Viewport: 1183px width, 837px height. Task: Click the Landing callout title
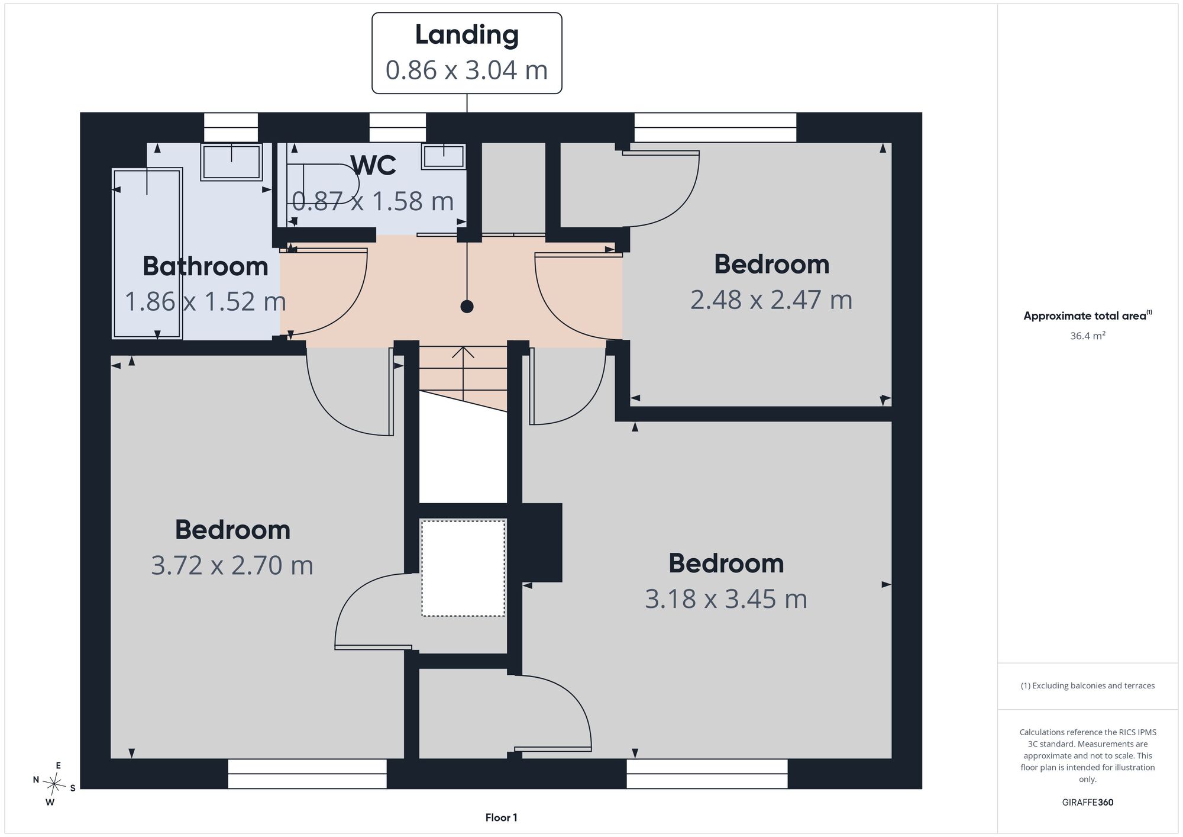tap(467, 35)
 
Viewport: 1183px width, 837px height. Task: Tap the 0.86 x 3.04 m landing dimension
tap(467, 70)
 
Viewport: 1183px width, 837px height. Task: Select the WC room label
tap(373, 165)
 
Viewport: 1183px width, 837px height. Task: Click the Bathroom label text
tap(205, 266)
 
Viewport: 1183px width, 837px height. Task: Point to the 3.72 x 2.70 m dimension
tap(232, 565)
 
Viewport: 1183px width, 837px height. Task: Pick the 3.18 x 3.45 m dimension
tap(726, 599)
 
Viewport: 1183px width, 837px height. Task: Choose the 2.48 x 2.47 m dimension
tap(771, 300)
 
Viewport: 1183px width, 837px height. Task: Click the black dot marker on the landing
tap(467, 307)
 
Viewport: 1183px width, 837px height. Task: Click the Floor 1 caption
tap(501, 817)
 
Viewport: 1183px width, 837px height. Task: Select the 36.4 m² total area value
tap(1088, 336)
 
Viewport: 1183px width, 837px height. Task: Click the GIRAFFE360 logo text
tap(1088, 803)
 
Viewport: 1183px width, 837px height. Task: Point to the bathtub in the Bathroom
tap(147, 253)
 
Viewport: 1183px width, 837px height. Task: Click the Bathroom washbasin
tap(231, 162)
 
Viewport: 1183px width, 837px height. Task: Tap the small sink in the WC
tap(444, 156)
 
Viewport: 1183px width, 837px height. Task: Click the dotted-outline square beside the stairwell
tap(463, 568)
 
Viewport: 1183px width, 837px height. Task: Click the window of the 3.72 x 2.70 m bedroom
tap(307, 774)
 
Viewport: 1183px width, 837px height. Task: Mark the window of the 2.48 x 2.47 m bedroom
tap(715, 127)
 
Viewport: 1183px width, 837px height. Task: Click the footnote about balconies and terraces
tap(1088, 685)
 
